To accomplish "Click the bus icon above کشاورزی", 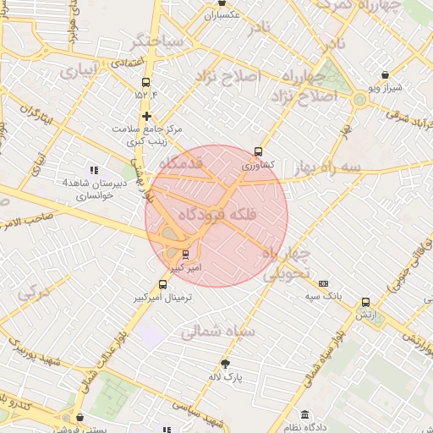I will point(259,152).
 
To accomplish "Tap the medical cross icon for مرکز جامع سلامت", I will point(147,117).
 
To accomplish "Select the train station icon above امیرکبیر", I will point(185,254).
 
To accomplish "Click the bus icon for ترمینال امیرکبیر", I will point(162,285).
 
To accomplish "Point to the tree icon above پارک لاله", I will point(225,364).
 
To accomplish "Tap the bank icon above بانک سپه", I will point(323,283).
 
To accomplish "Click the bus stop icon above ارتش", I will point(365,302).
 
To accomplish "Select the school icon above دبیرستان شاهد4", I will point(93,170).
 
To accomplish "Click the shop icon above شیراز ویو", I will point(386,74).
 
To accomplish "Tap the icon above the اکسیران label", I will point(222,3).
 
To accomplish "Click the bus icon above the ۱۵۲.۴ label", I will point(146,83).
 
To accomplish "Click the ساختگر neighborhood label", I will point(156,40).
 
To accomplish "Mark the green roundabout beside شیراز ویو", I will point(361,100).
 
